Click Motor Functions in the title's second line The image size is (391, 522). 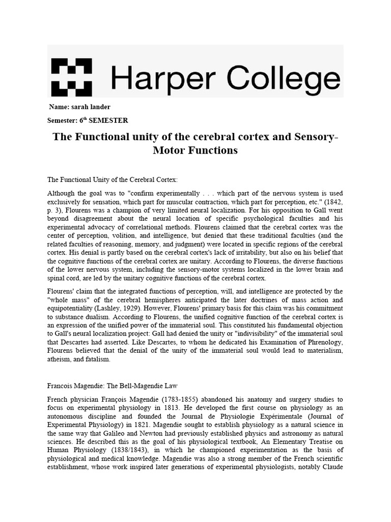[195, 151]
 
